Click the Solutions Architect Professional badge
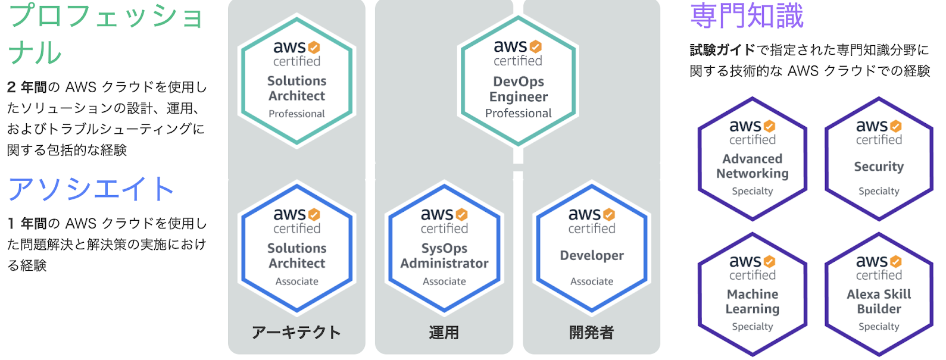click(296, 82)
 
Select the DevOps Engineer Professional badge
click(518, 82)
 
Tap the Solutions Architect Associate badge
click(296, 249)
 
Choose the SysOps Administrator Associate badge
click(444, 249)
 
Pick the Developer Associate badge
click(592, 249)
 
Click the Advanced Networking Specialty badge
click(753, 159)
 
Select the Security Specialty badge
click(879, 159)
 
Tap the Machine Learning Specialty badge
click(753, 295)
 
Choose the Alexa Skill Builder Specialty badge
click(879, 295)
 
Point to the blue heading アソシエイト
click(91, 189)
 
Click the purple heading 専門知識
click(747, 15)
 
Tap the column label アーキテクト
click(296, 332)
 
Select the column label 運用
click(444, 332)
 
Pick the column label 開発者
click(592, 332)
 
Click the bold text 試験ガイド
click(722, 50)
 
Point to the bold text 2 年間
click(27, 87)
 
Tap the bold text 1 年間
click(27, 224)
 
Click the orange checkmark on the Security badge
click(895, 126)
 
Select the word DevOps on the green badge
click(518, 82)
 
